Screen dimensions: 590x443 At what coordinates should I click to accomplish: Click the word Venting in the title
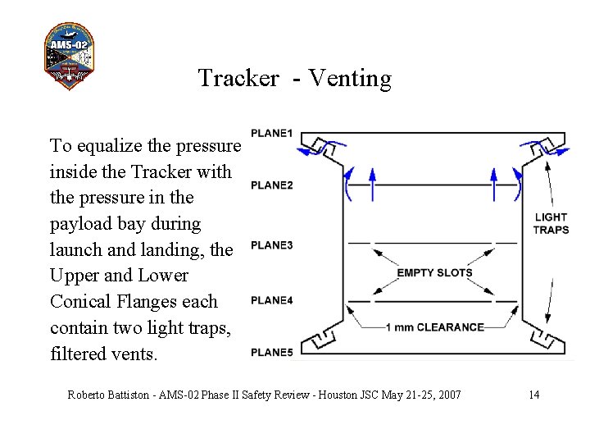point(350,78)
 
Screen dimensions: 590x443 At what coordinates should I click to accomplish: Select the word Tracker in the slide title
point(238,78)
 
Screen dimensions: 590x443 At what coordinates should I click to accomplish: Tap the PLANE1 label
point(271,134)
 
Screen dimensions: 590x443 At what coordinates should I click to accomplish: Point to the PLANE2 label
point(271,185)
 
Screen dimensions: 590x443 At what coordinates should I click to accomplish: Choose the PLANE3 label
point(271,245)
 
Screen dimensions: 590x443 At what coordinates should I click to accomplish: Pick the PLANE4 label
point(271,300)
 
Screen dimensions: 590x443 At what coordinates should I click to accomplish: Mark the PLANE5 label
point(271,353)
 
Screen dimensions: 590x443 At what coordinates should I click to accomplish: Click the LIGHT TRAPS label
point(551,223)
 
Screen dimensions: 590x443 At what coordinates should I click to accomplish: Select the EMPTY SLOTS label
point(434,273)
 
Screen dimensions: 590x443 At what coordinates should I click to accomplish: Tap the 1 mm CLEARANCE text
point(434,327)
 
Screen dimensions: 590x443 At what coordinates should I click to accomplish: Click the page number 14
point(533,395)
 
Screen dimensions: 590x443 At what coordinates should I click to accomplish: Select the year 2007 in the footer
point(447,395)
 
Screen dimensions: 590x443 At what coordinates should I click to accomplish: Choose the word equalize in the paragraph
point(109,146)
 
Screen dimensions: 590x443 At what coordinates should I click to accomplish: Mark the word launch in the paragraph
point(75,249)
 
